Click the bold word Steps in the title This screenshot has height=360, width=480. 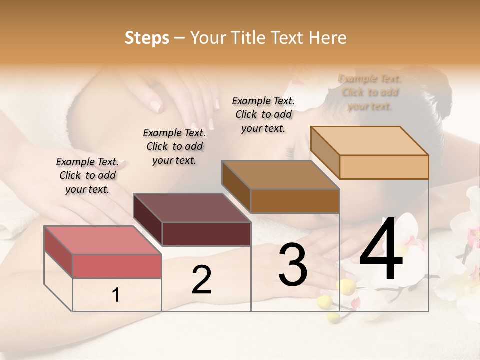pyautogui.click(x=147, y=38)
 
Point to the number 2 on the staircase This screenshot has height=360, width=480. pyautogui.click(x=201, y=279)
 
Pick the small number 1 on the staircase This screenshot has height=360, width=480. pyautogui.click(x=116, y=295)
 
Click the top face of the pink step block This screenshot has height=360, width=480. pyautogui.click(x=102, y=240)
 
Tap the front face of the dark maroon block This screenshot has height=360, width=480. pyautogui.click(x=206, y=234)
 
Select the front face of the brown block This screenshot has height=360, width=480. pyautogui.click(x=295, y=201)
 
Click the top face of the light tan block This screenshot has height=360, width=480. pyautogui.click(x=370, y=140)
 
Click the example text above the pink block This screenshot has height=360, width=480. pyautogui.click(x=87, y=175)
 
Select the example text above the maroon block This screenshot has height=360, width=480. pyautogui.click(x=174, y=146)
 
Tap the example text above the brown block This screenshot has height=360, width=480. pyautogui.click(x=263, y=114)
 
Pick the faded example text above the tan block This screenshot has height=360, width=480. pyautogui.click(x=370, y=92)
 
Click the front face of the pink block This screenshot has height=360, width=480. pyautogui.click(x=117, y=266)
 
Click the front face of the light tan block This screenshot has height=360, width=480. pyautogui.click(x=384, y=167)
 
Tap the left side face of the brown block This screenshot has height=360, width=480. pyautogui.click(x=236, y=187)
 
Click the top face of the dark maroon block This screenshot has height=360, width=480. pyautogui.click(x=192, y=207)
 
